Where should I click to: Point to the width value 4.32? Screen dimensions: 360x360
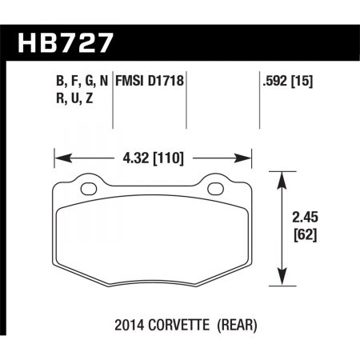coord(135,158)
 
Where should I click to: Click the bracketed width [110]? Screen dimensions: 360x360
coord(170,158)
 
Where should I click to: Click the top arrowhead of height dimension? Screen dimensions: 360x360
coord(281,177)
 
